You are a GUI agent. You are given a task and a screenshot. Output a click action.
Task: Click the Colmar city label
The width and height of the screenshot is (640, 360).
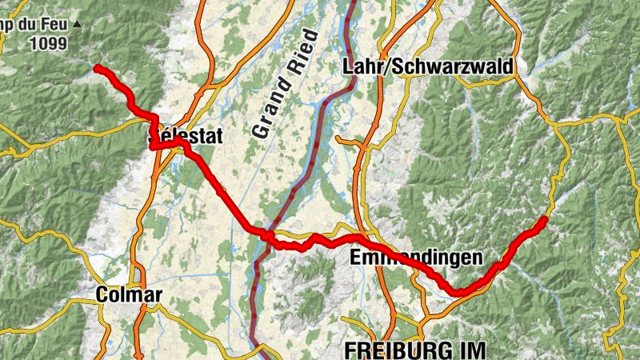pos(128,295)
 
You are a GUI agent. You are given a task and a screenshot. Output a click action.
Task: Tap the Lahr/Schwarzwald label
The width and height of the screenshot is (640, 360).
pos(427,67)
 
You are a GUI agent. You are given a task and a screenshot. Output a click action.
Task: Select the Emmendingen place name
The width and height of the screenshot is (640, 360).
pos(416,258)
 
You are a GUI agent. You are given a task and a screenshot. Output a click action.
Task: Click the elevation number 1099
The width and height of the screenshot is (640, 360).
pos(49,45)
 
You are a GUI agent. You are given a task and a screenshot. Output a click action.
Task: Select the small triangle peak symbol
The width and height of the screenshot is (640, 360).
pos(77,25)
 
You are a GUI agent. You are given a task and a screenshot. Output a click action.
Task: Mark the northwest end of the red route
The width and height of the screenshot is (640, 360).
pos(97,69)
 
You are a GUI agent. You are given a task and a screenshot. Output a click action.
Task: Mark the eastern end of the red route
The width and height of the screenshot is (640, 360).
pos(545,218)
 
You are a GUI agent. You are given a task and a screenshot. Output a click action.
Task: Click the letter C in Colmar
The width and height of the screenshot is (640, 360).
pos(102,295)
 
